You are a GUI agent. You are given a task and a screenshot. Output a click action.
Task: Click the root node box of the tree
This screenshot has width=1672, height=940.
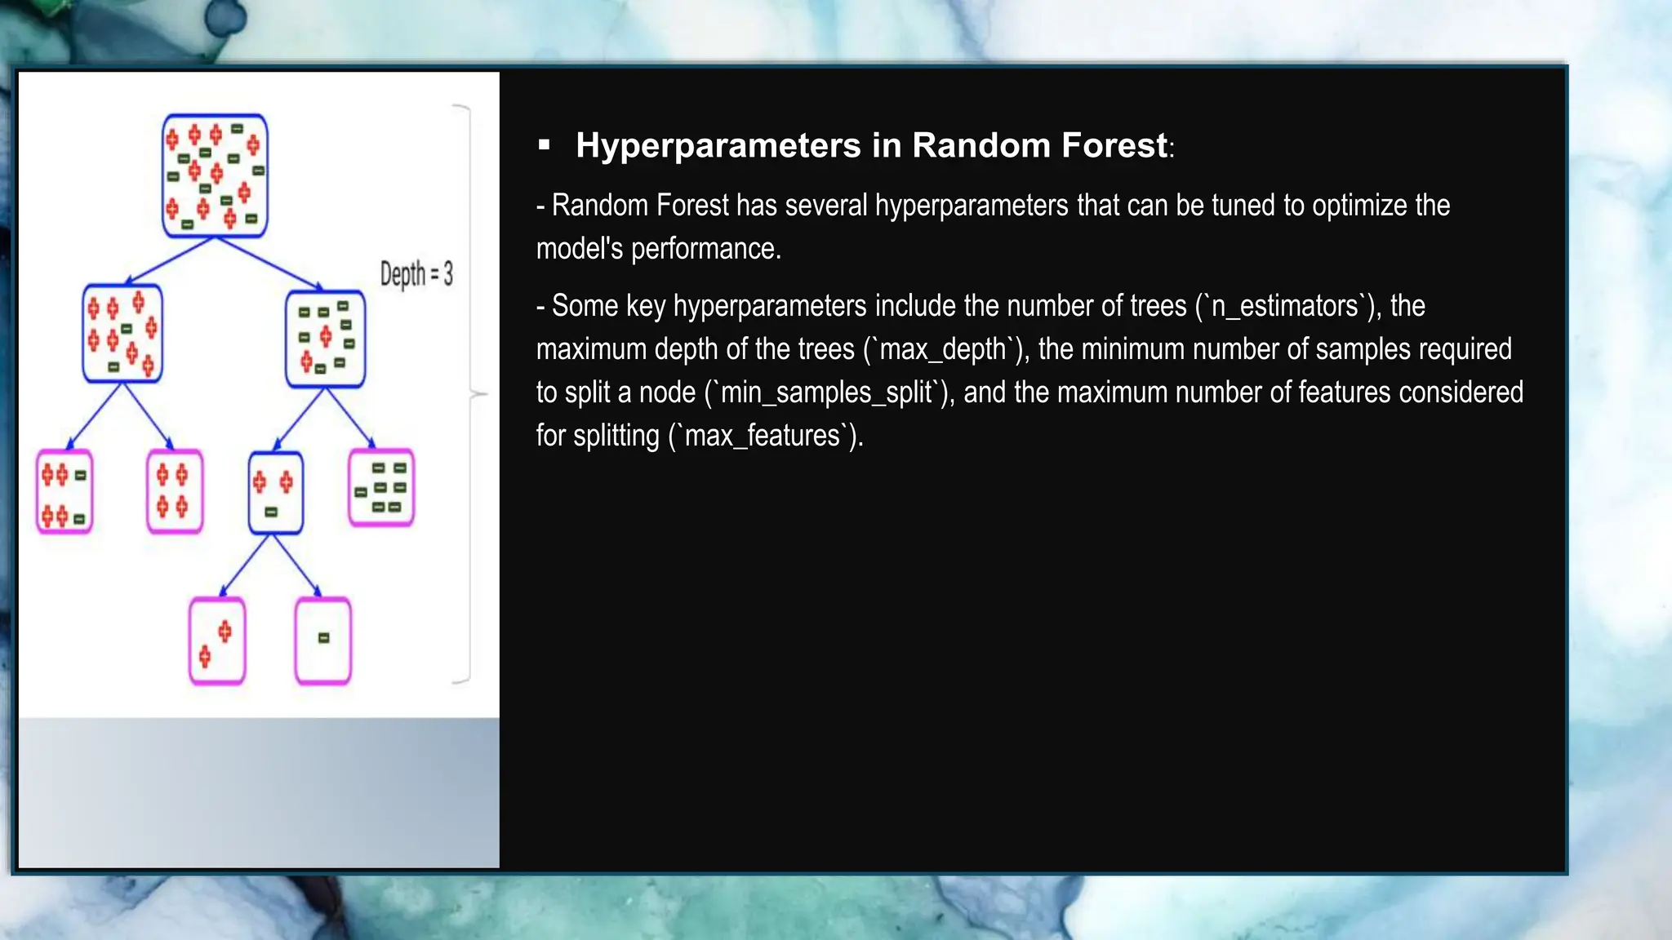pyautogui.click(x=215, y=176)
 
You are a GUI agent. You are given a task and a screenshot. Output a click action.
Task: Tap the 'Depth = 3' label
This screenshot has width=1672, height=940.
pyautogui.click(x=416, y=274)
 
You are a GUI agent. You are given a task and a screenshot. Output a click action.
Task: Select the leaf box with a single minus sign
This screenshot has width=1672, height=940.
pyautogui.click(x=323, y=641)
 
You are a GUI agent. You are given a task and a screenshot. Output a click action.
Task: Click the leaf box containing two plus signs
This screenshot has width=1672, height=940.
pyautogui.click(x=216, y=641)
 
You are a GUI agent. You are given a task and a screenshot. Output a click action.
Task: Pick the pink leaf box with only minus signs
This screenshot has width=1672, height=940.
pyautogui.click(x=381, y=488)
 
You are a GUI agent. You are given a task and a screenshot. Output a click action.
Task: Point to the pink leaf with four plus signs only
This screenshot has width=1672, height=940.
pyautogui.click(x=174, y=491)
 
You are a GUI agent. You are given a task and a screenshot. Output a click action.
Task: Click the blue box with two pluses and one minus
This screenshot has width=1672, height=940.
pyautogui.click(x=275, y=493)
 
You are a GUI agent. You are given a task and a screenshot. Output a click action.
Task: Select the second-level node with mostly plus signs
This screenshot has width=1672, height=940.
pyautogui.click(x=122, y=333)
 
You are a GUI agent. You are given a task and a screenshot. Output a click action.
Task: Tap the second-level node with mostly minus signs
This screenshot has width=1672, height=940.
pyautogui.click(x=325, y=339)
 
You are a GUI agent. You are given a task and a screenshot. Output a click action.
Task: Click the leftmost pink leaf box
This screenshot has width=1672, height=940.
pyautogui.click(x=64, y=492)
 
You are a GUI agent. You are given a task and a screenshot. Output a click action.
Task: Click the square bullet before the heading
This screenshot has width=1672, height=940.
pyautogui.click(x=545, y=146)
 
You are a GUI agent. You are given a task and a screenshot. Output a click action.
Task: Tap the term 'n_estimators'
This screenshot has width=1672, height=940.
pyautogui.click(x=1284, y=307)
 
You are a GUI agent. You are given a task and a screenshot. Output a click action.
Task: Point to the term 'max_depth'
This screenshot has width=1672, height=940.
pyautogui.click(x=942, y=350)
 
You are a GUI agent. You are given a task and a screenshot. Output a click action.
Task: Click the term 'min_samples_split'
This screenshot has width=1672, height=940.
pyautogui.click(x=826, y=393)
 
